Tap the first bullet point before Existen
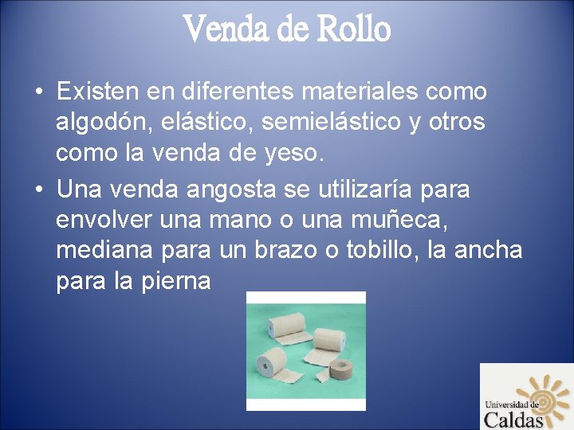[38, 92]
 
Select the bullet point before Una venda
[38, 191]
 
